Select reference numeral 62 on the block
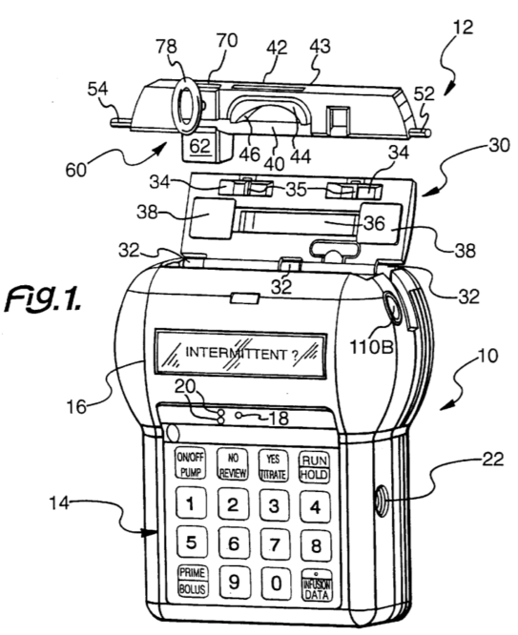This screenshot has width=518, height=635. [199, 146]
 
